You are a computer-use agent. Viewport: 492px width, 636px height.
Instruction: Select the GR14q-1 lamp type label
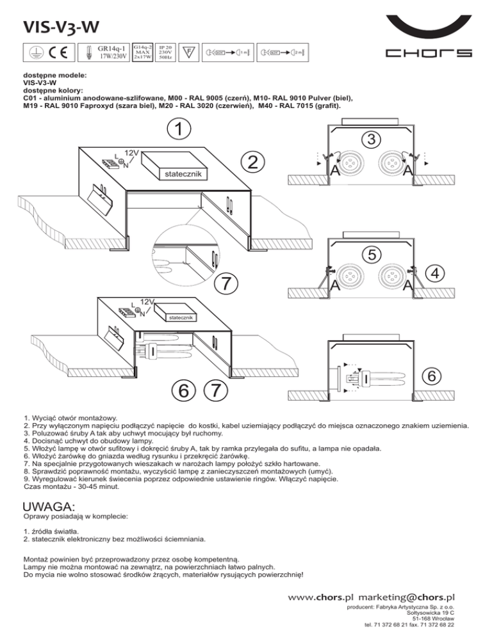[111, 47]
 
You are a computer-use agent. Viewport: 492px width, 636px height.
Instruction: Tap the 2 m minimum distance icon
[286, 52]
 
